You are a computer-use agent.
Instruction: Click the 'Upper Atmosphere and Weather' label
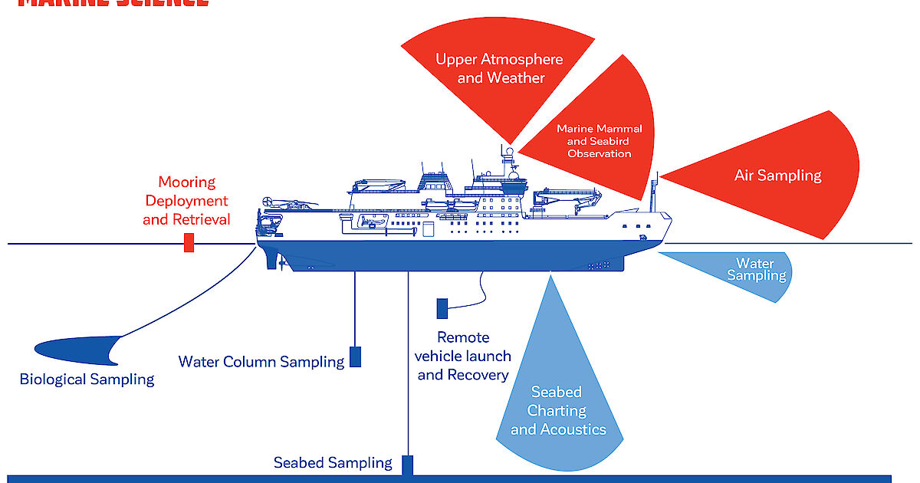pos(499,68)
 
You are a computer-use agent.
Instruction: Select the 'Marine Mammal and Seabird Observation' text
pos(600,141)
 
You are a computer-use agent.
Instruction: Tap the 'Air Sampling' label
pos(777,176)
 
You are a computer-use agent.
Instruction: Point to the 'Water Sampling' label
pos(755,269)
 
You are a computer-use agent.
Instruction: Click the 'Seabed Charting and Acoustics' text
pos(558,411)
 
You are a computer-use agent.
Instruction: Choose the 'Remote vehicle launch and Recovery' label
pos(463,356)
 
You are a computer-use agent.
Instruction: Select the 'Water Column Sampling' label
pos(261,361)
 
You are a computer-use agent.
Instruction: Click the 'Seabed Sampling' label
pos(333,462)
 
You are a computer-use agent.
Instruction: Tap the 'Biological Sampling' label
pos(87,379)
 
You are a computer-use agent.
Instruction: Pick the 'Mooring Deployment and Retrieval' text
pos(186,201)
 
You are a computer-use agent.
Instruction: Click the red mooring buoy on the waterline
pos(189,244)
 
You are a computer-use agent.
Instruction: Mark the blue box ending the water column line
pos(355,356)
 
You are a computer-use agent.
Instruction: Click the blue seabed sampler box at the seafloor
pos(408,465)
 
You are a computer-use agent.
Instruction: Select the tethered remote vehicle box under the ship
pos(442,308)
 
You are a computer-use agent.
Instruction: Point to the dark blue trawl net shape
pos(77,350)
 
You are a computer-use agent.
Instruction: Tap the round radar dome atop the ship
pos(508,151)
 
